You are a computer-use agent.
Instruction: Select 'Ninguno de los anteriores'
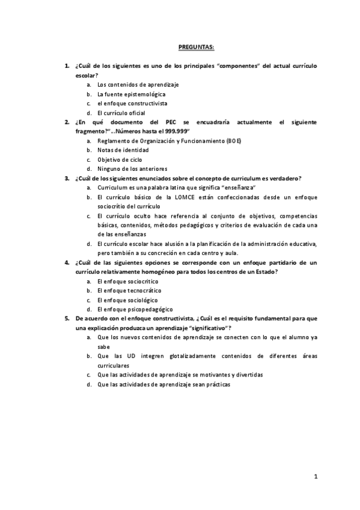tap(132, 168)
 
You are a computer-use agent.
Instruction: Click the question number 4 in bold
tap(67, 262)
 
